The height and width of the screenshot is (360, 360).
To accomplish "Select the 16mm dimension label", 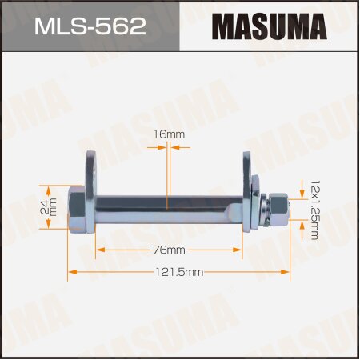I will (x=166, y=135).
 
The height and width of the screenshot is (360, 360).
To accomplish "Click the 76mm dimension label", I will (x=168, y=250).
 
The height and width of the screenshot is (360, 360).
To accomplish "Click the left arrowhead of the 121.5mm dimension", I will (x=71, y=273).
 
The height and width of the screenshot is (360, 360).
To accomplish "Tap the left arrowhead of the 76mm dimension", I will (x=100, y=250).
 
